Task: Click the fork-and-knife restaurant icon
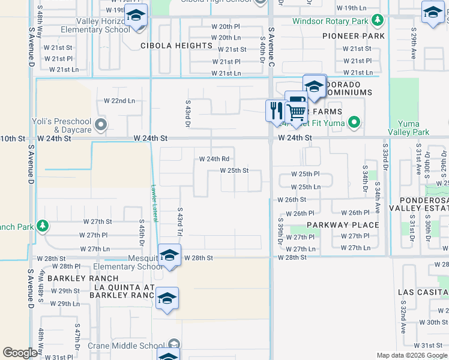click(x=276, y=110)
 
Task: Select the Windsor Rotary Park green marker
click(x=377, y=22)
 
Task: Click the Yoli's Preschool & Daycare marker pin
click(x=101, y=125)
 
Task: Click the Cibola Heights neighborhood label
click(x=176, y=46)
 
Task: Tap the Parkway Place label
click(x=343, y=225)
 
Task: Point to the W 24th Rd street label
click(x=214, y=159)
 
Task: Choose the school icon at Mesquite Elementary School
click(x=169, y=255)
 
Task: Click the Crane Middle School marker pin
click(x=174, y=344)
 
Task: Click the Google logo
click(x=20, y=353)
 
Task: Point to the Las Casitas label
click(x=423, y=292)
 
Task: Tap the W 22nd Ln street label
click(x=119, y=101)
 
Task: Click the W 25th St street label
click(x=234, y=170)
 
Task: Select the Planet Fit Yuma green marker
click(x=354, y=124)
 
